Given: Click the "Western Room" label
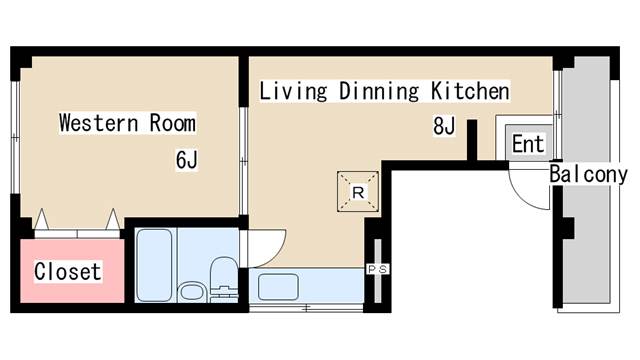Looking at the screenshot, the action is pyautogui.click(x=127, y=123).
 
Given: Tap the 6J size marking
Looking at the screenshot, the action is pyautogui.click(x=187, y=159).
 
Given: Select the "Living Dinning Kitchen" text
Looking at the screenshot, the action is pyautogui.click(x=384, y=91).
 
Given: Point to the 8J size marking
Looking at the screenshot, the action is pyautogui.click(x=444, y=125).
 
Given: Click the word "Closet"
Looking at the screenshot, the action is pyautogui.click(x=68, y=271).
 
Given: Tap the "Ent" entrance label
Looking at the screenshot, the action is pyautogui.click(x=528, y=144).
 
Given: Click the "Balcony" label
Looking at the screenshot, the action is pyautogui.click(x=588, y=174).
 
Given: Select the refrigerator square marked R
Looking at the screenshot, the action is pyautogui.click(x=358, y=191).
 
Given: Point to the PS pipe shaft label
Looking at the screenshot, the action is pyautogui.click(x=378, y=269).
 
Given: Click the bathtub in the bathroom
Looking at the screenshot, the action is pyautogui.click(x=154, y=265).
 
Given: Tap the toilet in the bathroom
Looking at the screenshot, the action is pyautogui.click(x=223, y=279).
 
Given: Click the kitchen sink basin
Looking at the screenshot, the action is pyautogui.click(x=278, y=287).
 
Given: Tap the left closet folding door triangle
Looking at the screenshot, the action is pyautogui.click(x=41, y=220).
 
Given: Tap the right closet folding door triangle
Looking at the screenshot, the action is pyautogui.click(x=113, y=220).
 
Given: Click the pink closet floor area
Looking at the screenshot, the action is pyautogui.click(x=72, y=271).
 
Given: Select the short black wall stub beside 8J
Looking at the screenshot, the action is pyautogui.click(x=472, y=140).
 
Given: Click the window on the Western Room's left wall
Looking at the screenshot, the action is pyautogui.click(x=15, y=137).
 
